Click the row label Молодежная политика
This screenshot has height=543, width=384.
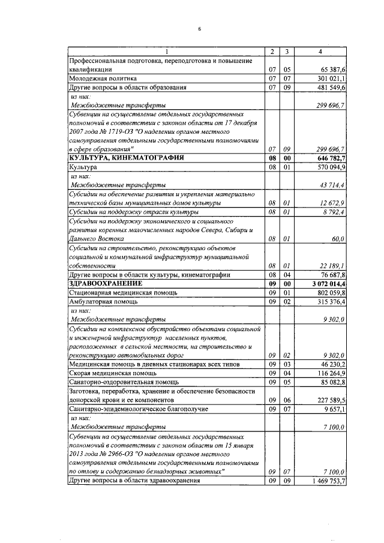point(103,79)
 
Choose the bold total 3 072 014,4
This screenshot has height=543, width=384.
point(327,283)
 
